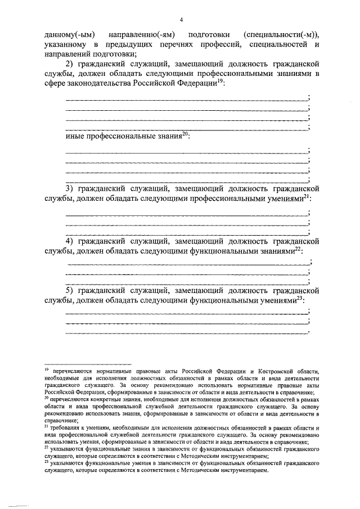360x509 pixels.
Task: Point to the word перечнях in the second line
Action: tap(190, 45)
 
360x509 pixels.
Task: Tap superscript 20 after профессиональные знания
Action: tap(186, 134)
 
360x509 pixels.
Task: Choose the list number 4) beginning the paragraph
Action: tap(71, 241)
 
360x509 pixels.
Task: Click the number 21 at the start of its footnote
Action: tap(46, 426)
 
